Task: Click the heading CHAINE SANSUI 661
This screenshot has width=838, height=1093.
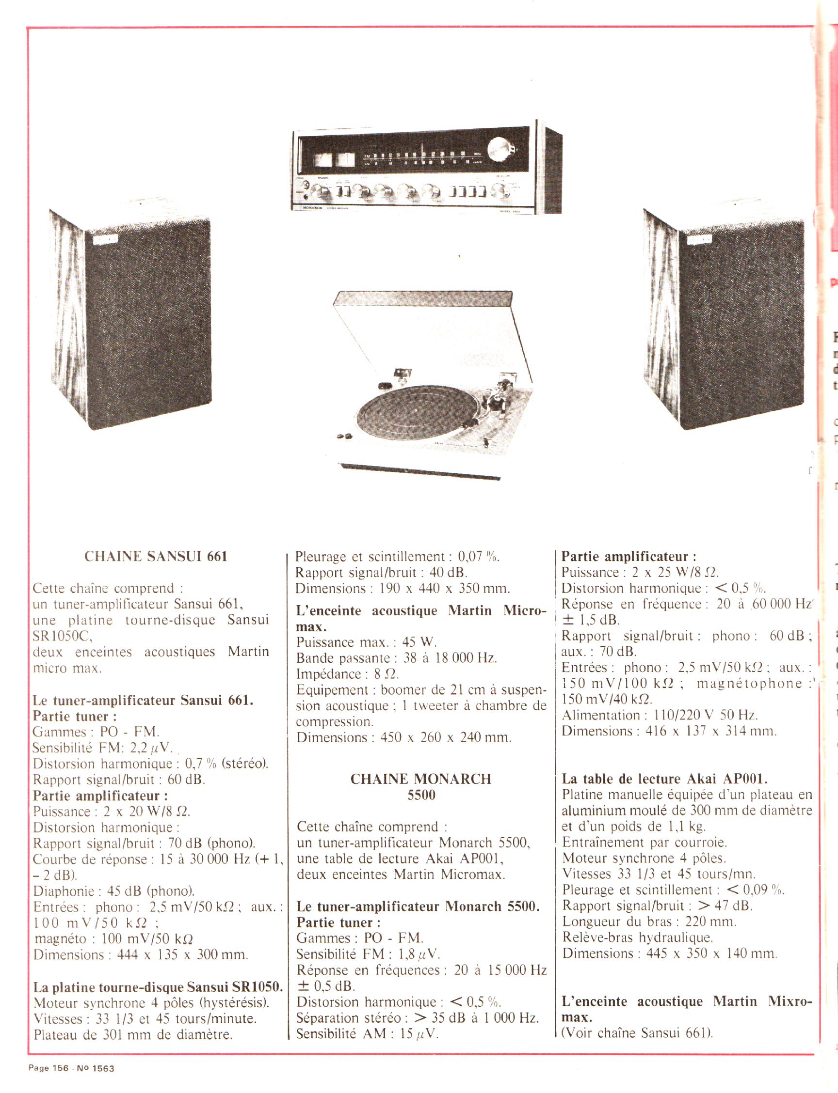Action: tap(156, 556)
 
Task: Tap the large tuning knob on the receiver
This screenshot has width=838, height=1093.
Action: tap(500, 149)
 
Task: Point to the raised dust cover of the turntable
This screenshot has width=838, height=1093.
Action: tap(424, 329)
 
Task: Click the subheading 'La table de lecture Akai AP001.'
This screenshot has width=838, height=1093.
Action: tap(664, 779)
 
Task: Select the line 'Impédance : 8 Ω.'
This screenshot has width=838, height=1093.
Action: tap(348, 674)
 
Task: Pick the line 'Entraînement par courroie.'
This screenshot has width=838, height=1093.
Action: tap(645, 843)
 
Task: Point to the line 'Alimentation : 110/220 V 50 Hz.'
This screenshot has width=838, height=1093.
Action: tap(660, 715)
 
